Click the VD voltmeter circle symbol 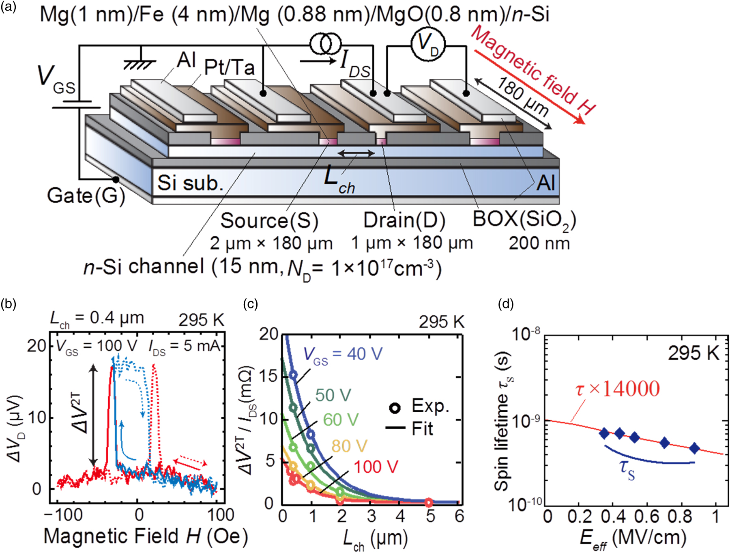point(428,44)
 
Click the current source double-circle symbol point(326,44)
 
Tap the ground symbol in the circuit point(140,63)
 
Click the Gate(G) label point(86,196)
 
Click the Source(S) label point(269,221)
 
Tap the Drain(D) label point(404,220)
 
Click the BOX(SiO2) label point(524,220)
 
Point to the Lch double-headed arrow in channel point(356,153)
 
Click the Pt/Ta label point(229,67)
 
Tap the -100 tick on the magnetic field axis point(64,515)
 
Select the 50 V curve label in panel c point(333,395)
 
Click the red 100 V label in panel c point(376,467)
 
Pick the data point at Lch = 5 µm point(429,502)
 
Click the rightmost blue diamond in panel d point(694,448)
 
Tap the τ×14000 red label point(617,389)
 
